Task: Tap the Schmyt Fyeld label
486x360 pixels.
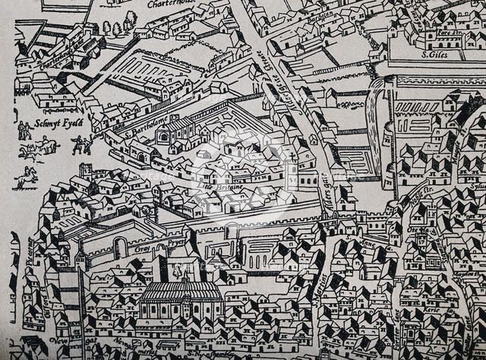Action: pos(58,121)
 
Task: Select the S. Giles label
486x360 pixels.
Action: pos(436,55)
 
